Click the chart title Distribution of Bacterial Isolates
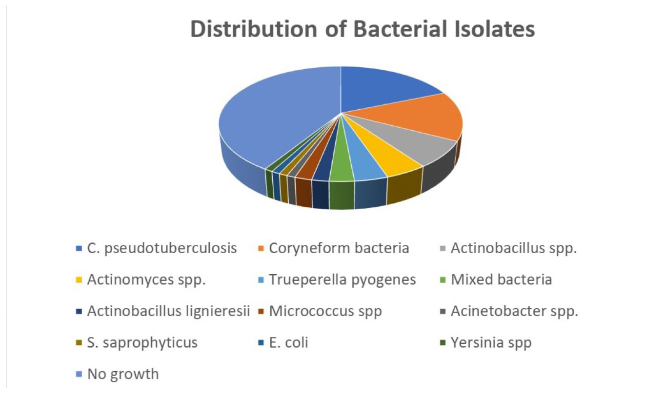pos(362,29)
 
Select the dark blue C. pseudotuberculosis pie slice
pos(382,89)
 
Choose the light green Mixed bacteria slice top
pos(341,160)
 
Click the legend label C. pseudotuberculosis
pos(162,248)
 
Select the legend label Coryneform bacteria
pos(339,248)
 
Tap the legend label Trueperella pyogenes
pos(342,280)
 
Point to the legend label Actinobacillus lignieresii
pos(168,311)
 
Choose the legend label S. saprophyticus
pos(142,343)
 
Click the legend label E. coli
pos(289,342)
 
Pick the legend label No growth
pos(123,375)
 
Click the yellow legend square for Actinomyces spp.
pos(79,280)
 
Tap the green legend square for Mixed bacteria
pos(443,280)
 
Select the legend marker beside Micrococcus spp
pos(261,312)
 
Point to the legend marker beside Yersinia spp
pos(443,343)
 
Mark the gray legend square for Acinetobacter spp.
pos(443,312)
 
